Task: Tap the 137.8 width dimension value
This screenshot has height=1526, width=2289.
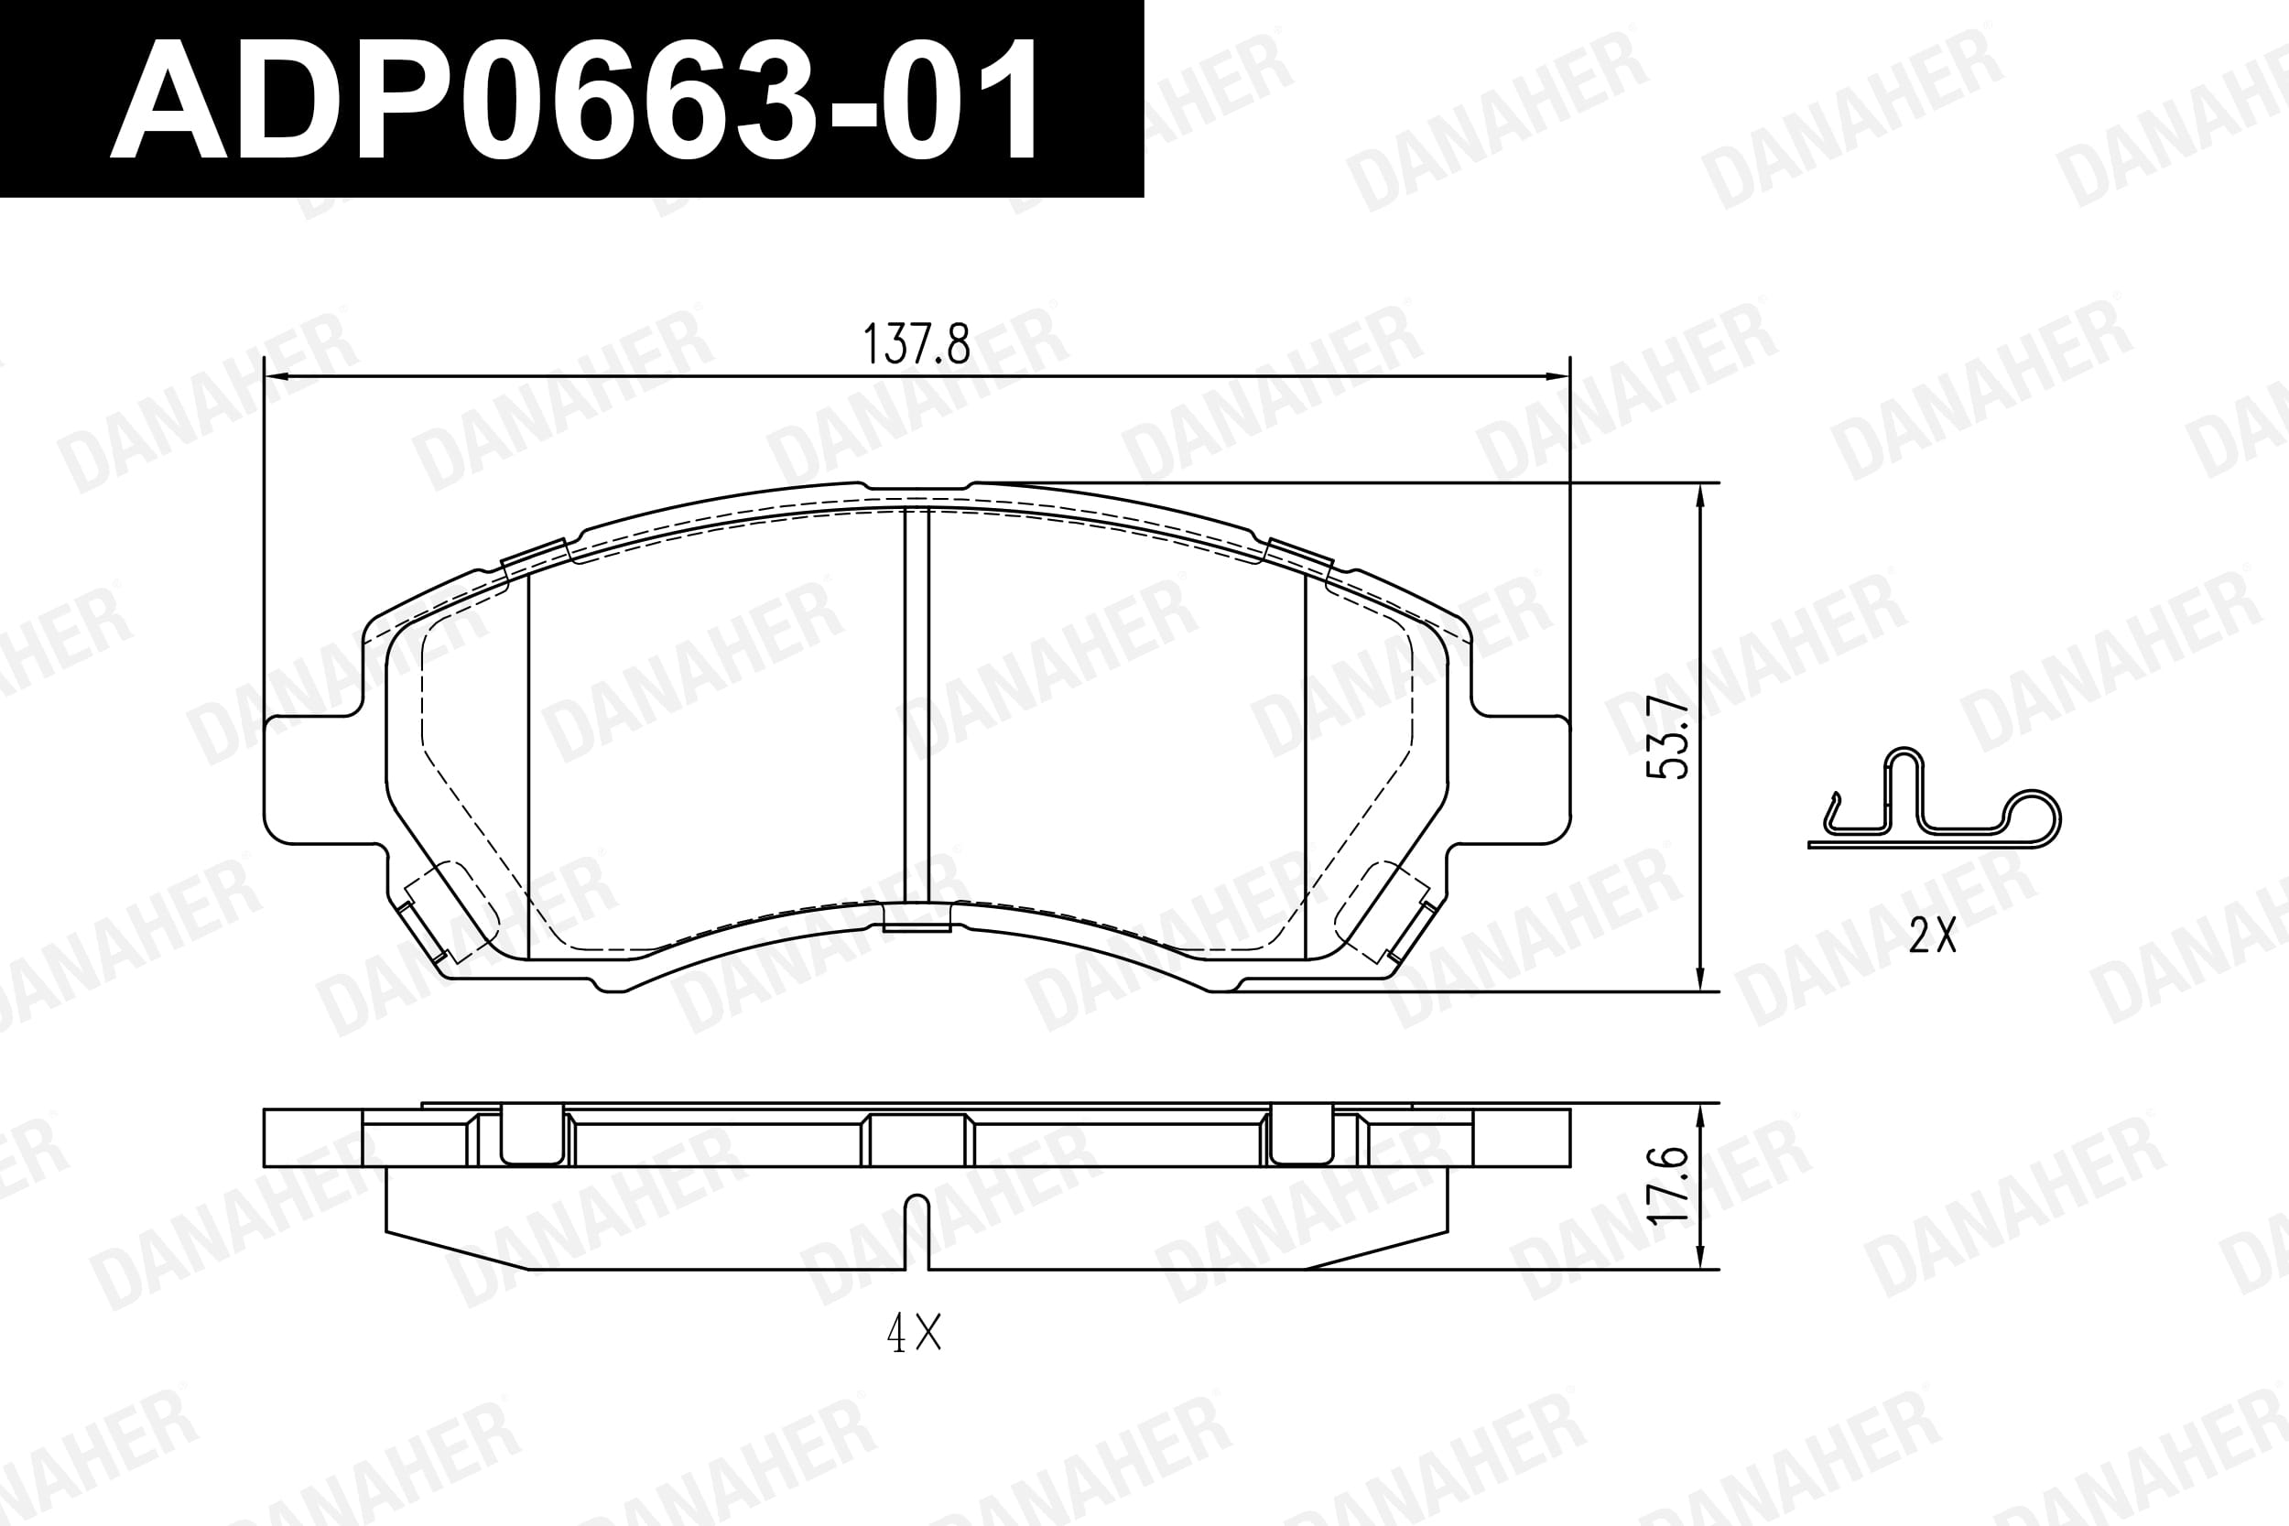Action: [917, 344]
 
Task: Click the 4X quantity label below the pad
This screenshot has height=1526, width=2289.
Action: [914, 1332]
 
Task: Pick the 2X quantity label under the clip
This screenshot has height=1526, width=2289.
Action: [1933, 936]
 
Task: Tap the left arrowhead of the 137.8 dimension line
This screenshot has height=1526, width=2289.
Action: [278, 375]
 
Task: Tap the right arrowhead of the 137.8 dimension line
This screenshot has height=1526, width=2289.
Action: [1557, 375]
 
